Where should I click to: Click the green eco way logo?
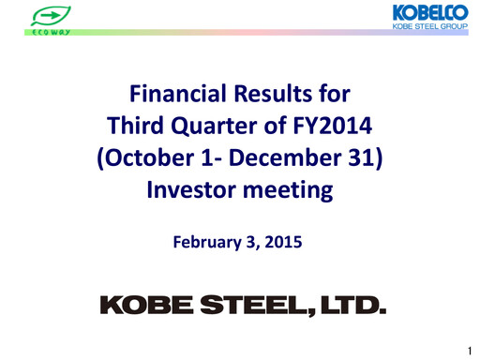click(47, 20)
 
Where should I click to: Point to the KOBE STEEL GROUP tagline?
click(430, 29)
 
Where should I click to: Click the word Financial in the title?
click(173, 95)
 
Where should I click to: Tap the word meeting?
click(292, 190)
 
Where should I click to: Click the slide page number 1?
click(467, 350)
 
